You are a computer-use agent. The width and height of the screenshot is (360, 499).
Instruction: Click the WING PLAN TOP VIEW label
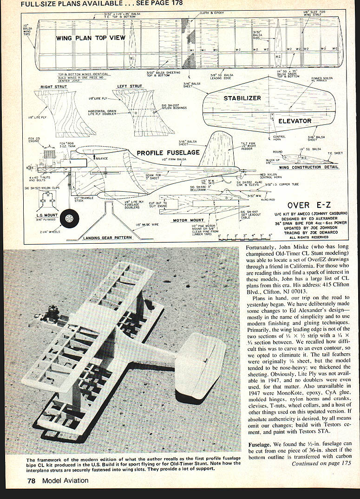click(x=91, y=38)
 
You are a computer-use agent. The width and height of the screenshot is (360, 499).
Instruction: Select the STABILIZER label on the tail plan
click(x=242, y=98)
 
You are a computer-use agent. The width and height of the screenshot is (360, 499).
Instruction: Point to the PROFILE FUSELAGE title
click(x=168, y=152)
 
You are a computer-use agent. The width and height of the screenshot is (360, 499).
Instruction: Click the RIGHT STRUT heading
click(x=54, y=86)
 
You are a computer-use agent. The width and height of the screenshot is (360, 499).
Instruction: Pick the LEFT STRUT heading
click(x=130, y=86)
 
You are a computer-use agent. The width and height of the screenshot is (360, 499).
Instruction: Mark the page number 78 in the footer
click(x=31, y=481)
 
